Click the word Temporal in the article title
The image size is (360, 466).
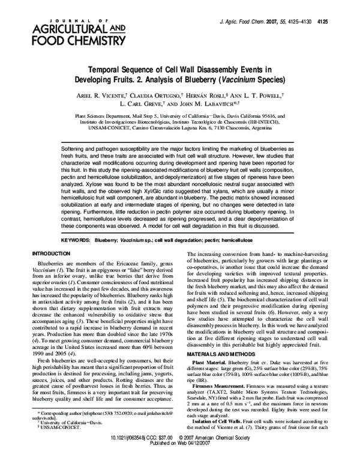108,70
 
